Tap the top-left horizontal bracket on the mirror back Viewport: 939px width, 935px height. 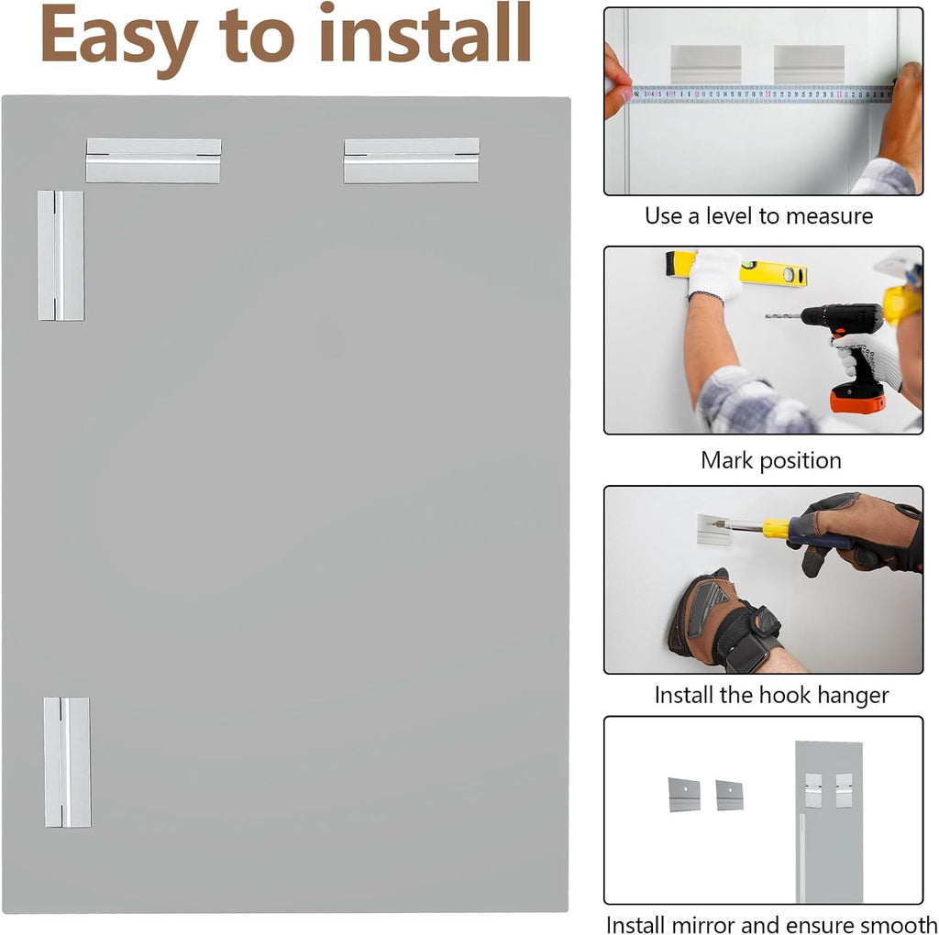(153, 160)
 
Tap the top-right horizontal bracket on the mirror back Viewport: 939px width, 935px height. (412, 160)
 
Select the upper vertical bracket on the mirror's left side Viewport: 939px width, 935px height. (61, 256)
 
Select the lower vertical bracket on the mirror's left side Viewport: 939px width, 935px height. (67, 762)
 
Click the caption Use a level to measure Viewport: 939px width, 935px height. (758, 216)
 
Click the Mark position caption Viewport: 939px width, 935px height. (770, 460)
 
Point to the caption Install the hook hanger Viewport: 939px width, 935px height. (771, 695)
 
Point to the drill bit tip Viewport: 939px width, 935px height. (766, 315)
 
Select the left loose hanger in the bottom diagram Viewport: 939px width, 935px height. (684, 795)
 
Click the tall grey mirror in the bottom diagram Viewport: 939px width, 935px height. (829, 821)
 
